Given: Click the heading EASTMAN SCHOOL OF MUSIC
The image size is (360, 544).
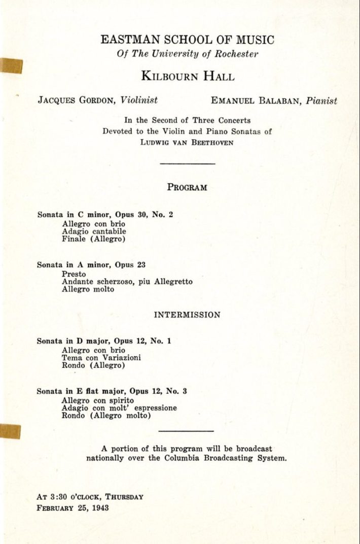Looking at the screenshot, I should pyautogui.click(x=187, y=40).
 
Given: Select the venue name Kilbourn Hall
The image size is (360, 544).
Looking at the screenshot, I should pyautogui.click(x=187, y=77).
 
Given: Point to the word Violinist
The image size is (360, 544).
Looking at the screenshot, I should pyautogui.click(x=139, y=100).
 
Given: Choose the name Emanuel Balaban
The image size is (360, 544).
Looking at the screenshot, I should pyautogui.click(x=256, y=101).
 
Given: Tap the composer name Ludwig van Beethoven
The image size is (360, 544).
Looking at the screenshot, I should pyautogui.click(x=187, y=143).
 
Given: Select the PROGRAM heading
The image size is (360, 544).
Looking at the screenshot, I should pyautogui.click(x=187, y=187).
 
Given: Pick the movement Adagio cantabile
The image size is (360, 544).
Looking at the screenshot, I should pyautogui.click(x=94, y=231).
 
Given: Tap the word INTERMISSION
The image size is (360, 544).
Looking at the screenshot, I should pyautogui.click(x=187, y=315).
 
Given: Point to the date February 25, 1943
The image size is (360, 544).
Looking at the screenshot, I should pyautogui.click(x=73, y=507).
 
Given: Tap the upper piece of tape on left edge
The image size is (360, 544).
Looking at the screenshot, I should pyautogui.click(x=11, y=66).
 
